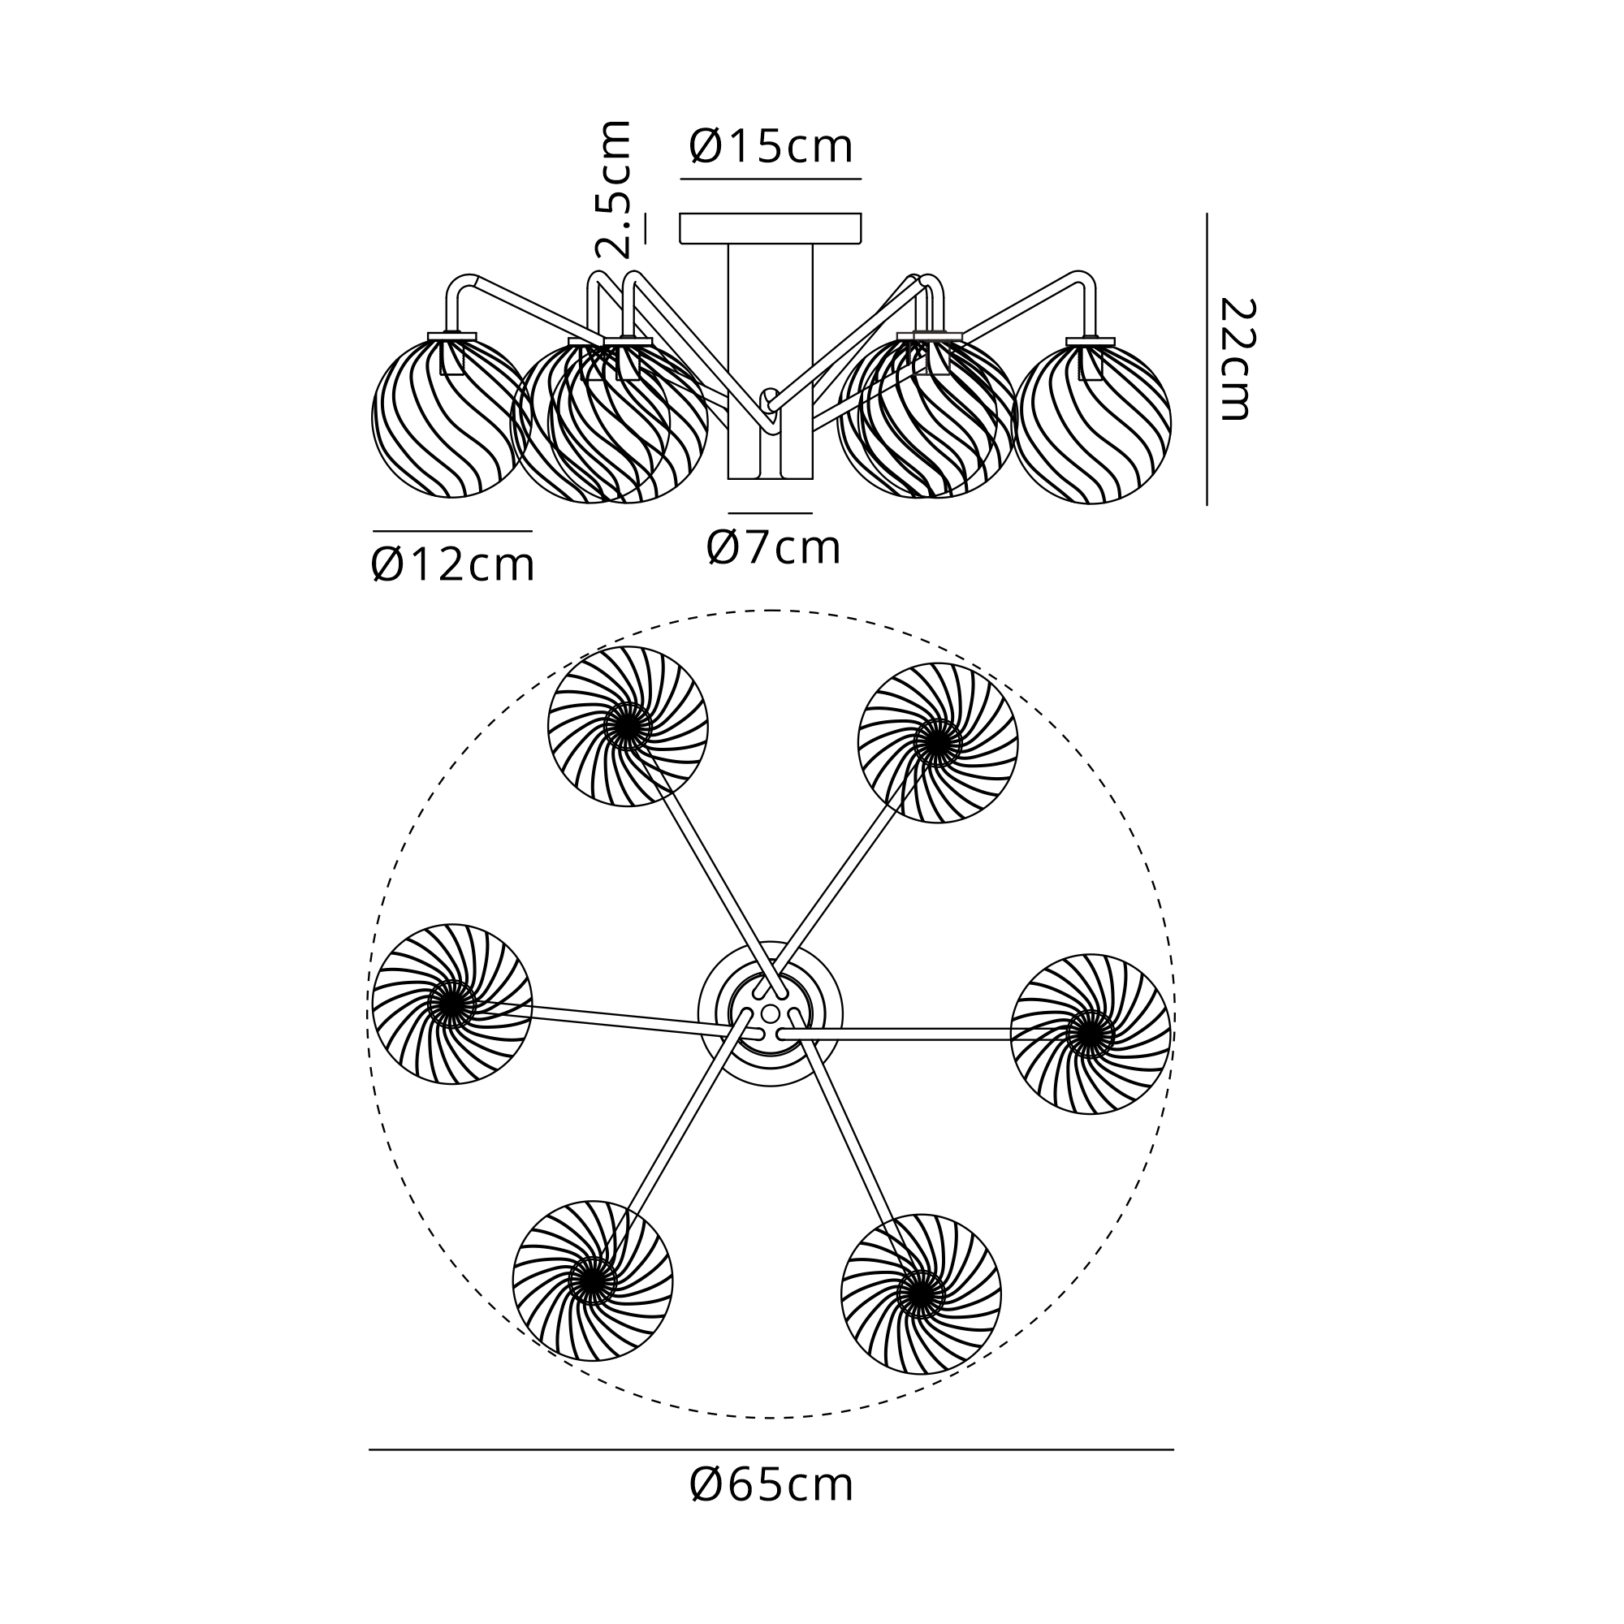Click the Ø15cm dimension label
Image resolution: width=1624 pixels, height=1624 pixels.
click(x=771, y=147)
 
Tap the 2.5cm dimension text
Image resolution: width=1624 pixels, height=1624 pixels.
click(x=613, y=188)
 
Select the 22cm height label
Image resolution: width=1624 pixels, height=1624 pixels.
click(x=1235, y=358)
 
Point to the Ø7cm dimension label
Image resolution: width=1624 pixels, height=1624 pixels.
click(x=773, y=548)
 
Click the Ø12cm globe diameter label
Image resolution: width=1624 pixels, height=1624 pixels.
click(x=452, y=565)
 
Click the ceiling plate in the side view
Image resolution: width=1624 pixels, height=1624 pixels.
click(x=771, y=229)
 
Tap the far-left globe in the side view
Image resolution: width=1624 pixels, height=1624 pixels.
click(x=451, y=416)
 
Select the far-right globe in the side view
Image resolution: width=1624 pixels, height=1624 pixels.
click(x=1092, y=421)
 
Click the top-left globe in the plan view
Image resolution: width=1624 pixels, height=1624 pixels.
click(x=628, y=726)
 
